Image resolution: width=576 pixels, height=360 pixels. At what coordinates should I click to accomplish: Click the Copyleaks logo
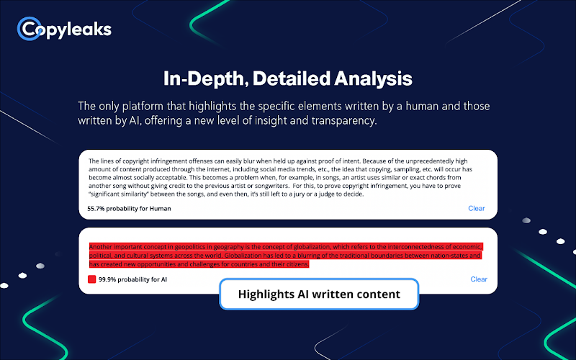64,29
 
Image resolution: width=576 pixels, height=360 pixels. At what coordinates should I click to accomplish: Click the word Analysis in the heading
373,78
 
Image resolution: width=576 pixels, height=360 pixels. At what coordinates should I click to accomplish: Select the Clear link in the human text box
477,208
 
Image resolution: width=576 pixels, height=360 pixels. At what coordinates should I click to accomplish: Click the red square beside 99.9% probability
92,279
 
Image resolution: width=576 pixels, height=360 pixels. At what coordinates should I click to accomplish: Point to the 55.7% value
96,209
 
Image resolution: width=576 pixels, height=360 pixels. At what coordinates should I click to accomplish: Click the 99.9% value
107,279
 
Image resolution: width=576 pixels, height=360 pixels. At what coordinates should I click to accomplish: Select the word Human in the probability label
160,209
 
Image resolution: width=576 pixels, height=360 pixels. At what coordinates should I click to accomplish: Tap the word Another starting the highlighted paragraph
100,247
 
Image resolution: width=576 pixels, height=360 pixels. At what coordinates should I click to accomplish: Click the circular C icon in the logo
29,29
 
